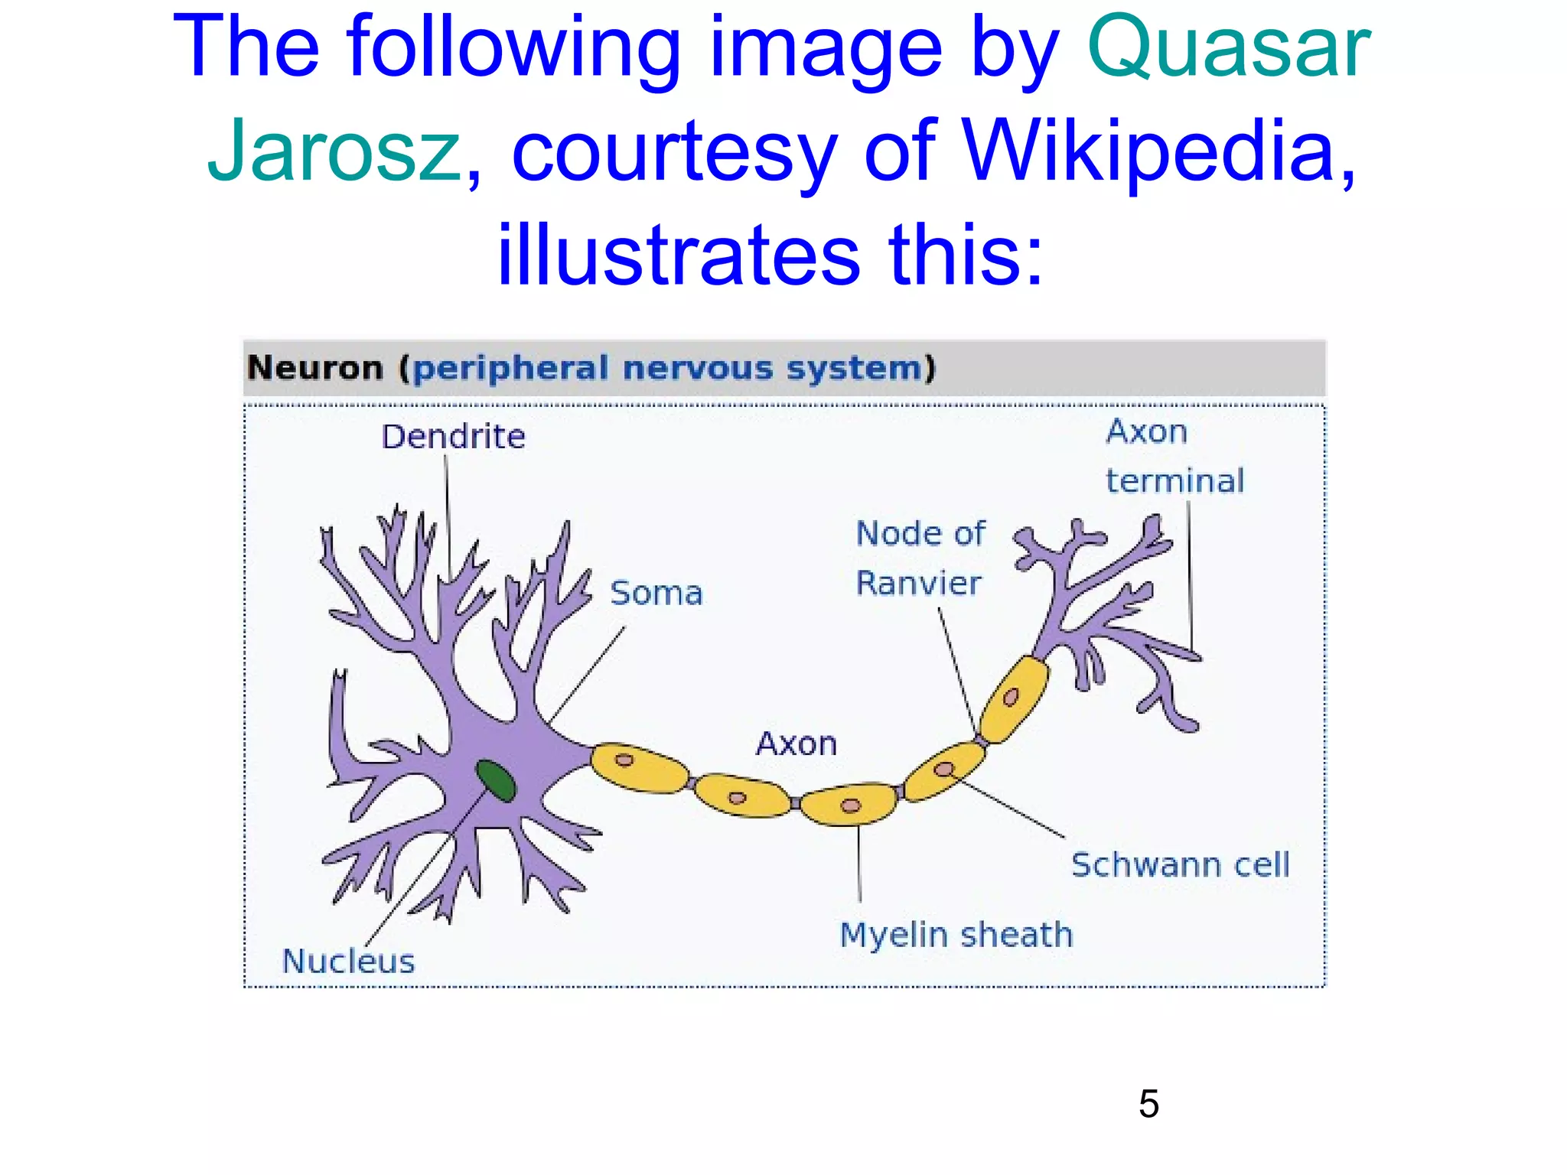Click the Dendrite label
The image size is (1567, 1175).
pos(453,437)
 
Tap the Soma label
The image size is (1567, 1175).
pos(656,594)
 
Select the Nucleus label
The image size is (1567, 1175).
pos(348,962)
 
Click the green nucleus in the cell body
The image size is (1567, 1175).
pos(496,780)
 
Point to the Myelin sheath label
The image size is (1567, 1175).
pos(956,935)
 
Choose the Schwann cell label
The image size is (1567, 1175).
pos(1180,865)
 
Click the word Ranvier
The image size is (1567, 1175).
pos(917,584)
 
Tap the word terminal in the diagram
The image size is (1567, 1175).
pos(1174,481)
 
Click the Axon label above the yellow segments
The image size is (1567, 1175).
pos(797,744)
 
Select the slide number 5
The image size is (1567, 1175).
pos(1148,1104)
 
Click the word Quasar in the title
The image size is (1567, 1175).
pos(1228,47)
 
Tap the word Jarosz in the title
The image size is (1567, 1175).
pos(334,151)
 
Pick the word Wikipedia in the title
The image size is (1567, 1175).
pos(1148,151)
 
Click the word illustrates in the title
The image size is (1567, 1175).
pos(679,254)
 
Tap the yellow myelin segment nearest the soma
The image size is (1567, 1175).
pos(640,768)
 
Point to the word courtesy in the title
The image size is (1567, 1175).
pos(673,151)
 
